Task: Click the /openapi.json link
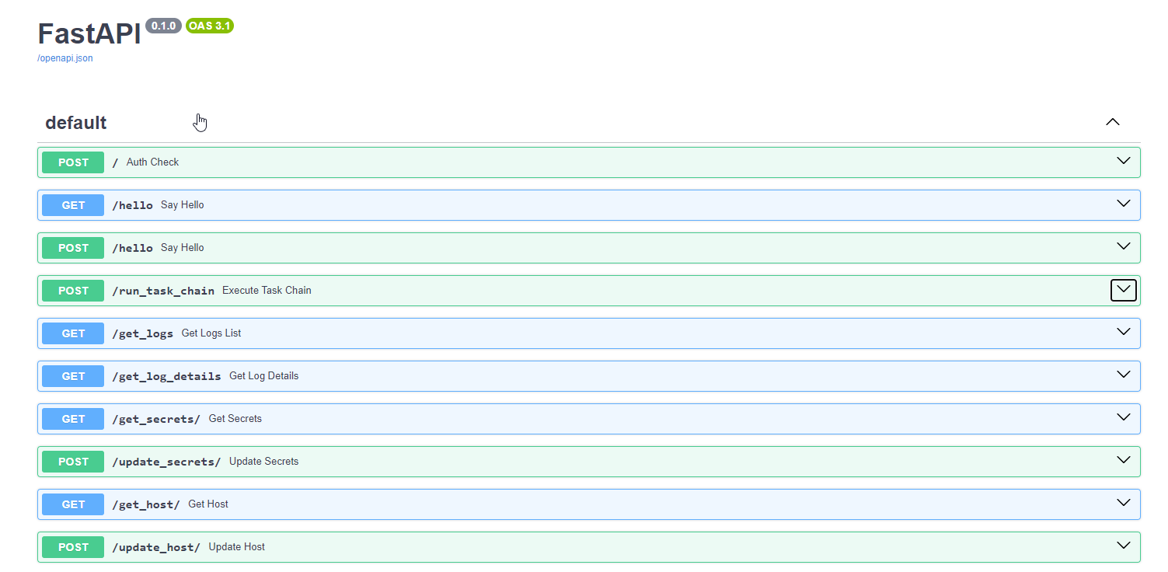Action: pos(65,58)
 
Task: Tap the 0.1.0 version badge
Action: pos(163,26)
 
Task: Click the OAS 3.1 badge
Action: pos(210,26)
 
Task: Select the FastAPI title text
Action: pos(89,33)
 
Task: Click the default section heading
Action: pos(76,123)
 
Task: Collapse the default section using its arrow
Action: pos(1113,122)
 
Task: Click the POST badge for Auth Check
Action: pos(73,162)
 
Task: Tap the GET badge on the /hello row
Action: pos(73,205)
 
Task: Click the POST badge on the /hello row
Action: pos(73,248)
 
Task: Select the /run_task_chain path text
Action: pos(163,291)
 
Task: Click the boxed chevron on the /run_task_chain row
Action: pos(1123,290)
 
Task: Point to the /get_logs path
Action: pos(143,333)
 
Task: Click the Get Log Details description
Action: pos(263,376)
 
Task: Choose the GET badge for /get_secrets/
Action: pos(73,419)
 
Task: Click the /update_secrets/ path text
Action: pos(166,462)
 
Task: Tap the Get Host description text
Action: pos(208,504)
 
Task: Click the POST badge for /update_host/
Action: pos(73,547)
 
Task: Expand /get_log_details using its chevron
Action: pos(1123,375)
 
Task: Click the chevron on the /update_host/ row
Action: pos(1123,546)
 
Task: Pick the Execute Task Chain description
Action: pos(267,291)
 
